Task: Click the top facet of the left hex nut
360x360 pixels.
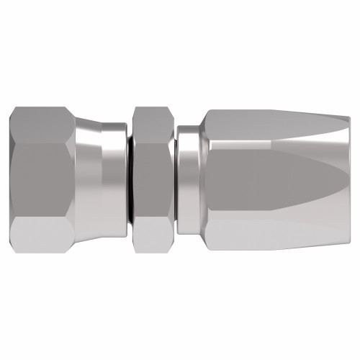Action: [43, 124]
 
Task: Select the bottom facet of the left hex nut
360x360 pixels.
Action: [43, 236]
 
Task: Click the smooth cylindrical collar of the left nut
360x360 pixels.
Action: [114, 179]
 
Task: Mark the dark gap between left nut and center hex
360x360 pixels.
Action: [130, 179]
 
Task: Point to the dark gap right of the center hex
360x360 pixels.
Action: [174, 179]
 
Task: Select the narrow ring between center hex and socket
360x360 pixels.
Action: [189, 179]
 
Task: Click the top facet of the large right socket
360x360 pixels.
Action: [274, 126]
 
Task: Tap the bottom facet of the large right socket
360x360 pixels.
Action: [274, 234]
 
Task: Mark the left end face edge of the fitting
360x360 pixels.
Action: [14, 179]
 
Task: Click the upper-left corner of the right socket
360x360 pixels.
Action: [207, 113]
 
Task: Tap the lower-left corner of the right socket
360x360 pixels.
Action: [207, 247]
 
